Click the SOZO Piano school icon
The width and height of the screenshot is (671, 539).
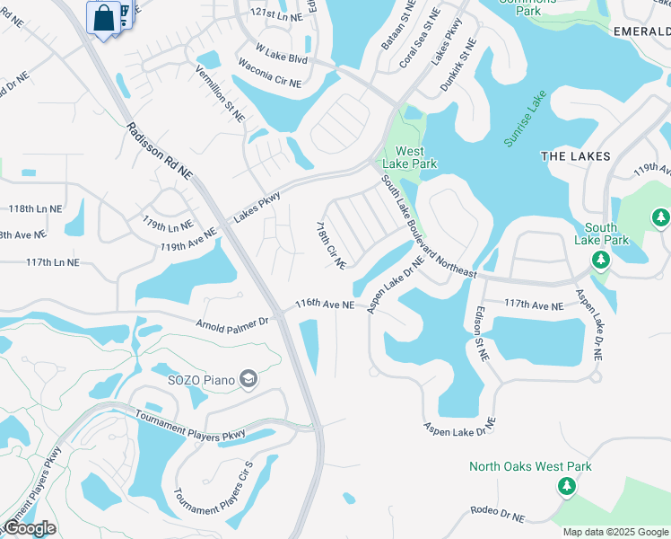point(248,380)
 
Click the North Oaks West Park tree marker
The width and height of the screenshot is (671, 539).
point(566,486)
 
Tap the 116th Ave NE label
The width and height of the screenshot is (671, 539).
point(325,305)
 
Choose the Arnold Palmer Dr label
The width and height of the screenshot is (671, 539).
point(232,322)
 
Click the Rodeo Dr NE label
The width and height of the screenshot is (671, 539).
point(497,513)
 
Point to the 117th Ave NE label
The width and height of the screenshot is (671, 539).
point(534,306)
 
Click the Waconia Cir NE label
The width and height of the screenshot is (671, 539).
point(269,72)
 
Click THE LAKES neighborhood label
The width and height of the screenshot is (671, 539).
point(576,155)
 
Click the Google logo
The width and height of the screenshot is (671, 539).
point(30,528)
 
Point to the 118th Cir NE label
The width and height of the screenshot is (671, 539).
point(332,244)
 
